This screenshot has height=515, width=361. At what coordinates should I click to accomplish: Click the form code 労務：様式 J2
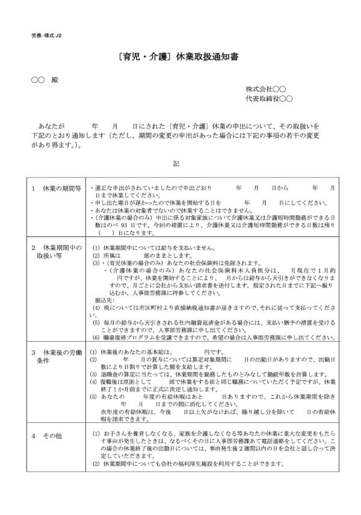46,35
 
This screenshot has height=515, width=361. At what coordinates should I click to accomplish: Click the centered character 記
176,163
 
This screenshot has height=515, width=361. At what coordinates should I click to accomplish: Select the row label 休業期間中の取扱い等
58,251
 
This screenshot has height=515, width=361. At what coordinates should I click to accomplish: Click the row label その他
52,435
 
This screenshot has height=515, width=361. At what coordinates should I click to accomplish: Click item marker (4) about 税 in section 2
96,307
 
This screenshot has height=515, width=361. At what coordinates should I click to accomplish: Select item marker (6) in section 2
96,339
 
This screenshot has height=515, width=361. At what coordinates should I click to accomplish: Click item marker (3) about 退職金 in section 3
93,374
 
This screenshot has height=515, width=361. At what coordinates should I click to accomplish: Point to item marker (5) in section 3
93,398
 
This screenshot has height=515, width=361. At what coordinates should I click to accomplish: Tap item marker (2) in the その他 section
96,464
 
